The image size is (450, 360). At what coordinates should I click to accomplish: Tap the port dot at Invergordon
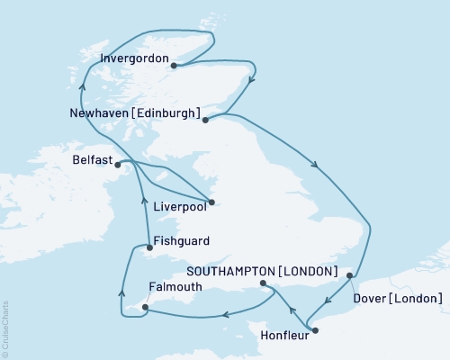[x=174, y=65]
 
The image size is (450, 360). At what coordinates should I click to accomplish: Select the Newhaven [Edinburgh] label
[x=134, y=113]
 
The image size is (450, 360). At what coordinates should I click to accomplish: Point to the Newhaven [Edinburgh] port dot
[x=205, y=119]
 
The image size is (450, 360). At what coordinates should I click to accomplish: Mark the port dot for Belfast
[x=117, y=163]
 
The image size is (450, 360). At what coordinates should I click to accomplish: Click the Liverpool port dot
[x=212, y=202]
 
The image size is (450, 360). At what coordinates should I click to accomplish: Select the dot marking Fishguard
[x=148, y=247]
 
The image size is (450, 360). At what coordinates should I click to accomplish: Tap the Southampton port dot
[x=263, y=284]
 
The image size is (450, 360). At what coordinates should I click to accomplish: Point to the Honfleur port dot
[x=315, y=332]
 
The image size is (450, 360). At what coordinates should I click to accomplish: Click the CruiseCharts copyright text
[x=5, y=328]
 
